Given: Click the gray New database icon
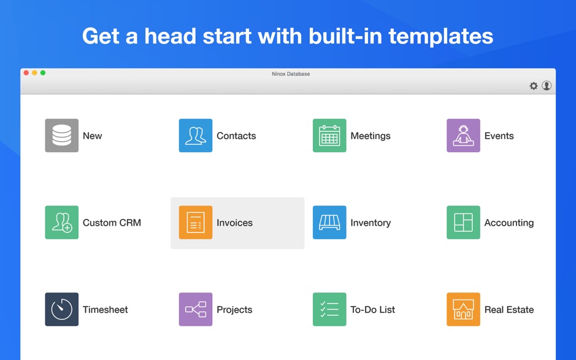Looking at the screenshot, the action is coord(62,136).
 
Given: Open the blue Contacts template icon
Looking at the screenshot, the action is coord(196,136).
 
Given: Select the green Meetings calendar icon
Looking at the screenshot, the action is coord(329,136).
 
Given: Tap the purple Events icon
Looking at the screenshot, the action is coord(463,136).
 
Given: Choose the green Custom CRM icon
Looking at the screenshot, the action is coord(62,222).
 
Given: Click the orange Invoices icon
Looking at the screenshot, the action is coord(196,222).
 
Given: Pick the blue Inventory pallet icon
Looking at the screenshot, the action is coord(329,222).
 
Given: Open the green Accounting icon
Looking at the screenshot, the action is coord(463,222).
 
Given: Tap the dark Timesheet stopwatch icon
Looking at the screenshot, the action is coord(62,309).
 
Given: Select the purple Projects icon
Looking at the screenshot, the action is coord(196,309).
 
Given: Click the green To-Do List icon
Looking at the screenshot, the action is coord(329,309).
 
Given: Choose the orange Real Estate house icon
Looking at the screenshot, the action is coord(463,309).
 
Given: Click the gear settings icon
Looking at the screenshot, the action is coord(534,86).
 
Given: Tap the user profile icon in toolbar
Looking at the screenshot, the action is coord(547,86).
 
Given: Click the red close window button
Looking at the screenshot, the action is coord(26,73).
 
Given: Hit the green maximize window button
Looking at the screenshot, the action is coord(43,73).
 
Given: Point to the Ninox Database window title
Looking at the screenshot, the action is coord(291,74).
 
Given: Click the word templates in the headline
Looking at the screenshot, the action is coord(441,36).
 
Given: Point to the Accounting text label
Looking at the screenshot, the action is coord(509,223).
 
